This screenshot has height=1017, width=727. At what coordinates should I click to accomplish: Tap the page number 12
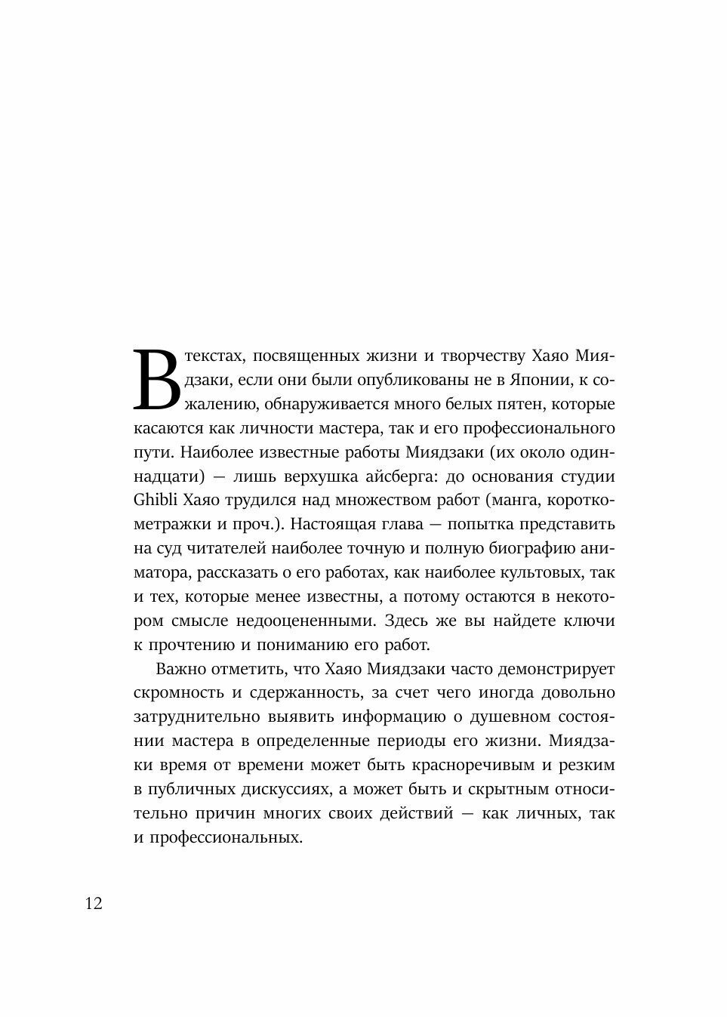point(94,904)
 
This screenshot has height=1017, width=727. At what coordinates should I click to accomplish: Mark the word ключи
point(591,621)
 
